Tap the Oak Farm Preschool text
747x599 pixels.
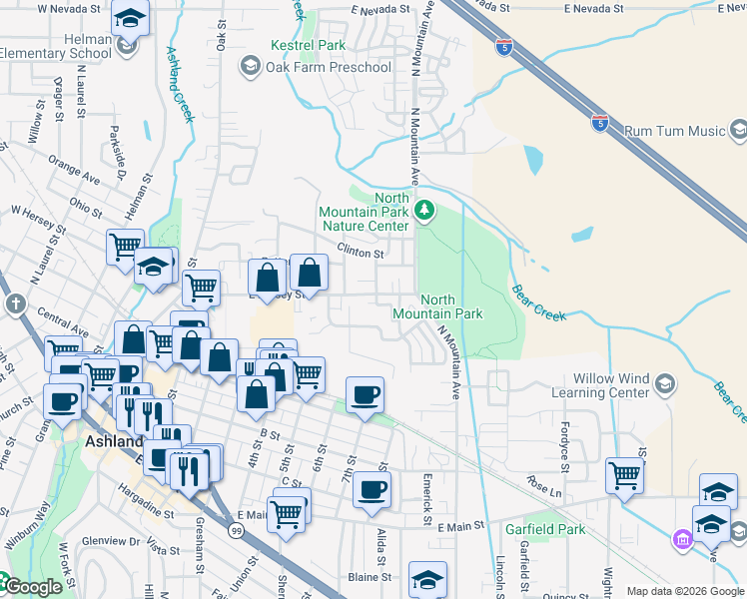tap(328, 67)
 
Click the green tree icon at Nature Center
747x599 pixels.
tap(425, 210)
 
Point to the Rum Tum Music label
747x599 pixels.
tap(673, 131)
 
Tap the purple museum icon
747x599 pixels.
tap(683, 540)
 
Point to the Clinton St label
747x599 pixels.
tap(361, 254)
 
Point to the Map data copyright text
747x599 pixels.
tap(685, 591)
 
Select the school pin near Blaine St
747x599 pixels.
tap(426, 578)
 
